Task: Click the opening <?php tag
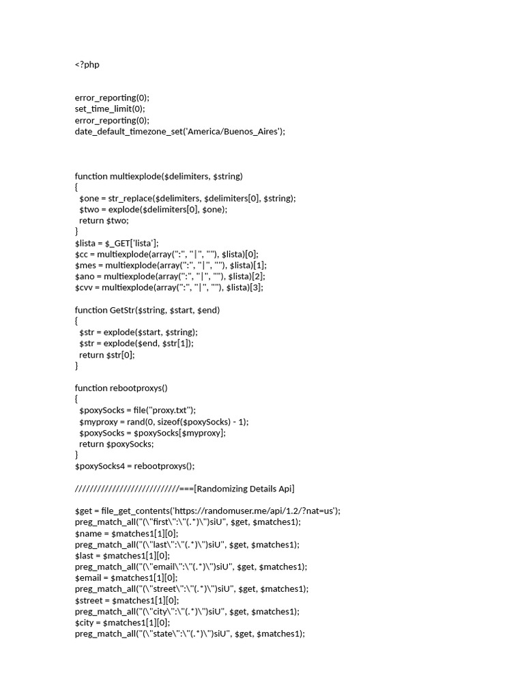tap(87, 64)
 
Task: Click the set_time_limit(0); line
tap(110, 109)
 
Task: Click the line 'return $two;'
tap(104, 220)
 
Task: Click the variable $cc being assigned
tap(81, 254)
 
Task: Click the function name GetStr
tap(122, 310)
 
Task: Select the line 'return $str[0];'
tap(107, 354)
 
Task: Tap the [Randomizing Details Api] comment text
tap(245, 488)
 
